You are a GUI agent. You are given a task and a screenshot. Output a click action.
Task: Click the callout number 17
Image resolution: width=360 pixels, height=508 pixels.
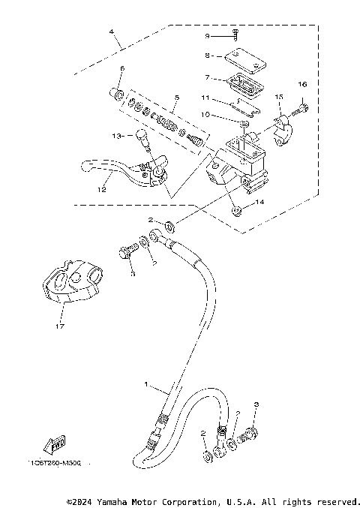click(57, 326)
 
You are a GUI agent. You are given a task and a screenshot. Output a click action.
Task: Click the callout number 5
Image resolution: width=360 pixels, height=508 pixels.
click(175, 98)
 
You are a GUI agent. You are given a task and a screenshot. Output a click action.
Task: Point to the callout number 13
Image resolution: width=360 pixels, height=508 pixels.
click(115, 136)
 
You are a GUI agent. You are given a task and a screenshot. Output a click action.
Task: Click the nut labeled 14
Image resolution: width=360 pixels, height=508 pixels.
click(236, 211)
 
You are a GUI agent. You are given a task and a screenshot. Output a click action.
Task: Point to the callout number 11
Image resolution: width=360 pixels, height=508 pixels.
click(205, 98)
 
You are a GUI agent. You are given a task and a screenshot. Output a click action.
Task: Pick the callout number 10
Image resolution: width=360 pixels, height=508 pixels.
click(205, 115)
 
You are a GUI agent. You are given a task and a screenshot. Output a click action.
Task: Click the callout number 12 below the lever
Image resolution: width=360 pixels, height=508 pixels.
click(101, 190)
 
